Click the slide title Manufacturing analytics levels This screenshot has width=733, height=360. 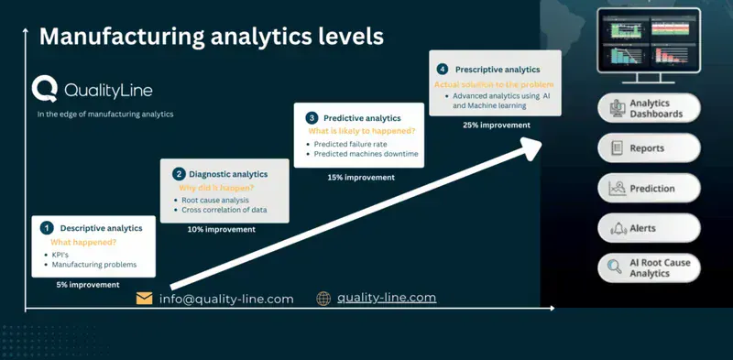pos(211,37)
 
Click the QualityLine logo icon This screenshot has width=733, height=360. pos(45,89)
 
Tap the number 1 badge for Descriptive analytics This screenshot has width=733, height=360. pos(46,227)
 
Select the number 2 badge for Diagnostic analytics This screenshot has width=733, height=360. pos(178,173)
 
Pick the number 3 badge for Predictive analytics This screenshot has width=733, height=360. pos(312,117)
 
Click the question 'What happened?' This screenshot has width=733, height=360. pos(84,242)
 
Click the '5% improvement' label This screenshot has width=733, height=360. pos(88,285)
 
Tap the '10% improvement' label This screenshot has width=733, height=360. pos(221,229)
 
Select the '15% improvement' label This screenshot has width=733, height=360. pos(357,176)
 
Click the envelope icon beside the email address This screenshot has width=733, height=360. pos(145,299)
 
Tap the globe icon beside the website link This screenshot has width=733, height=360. pos(323,299)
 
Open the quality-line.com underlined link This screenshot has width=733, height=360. pos(386,298)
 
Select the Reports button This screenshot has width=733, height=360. pos(650,147)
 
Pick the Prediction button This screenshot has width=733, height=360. pos(650,189)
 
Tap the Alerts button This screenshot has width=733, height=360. pos(650,228)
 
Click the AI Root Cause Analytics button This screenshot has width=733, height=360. pos(650,267)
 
